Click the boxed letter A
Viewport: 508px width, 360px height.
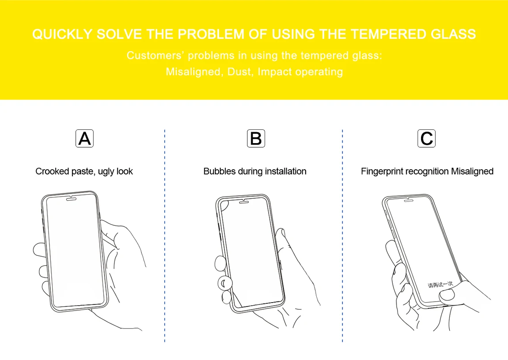coord(84,138)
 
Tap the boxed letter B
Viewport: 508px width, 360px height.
coord(256,138)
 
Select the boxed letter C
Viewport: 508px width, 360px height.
coord(426,138)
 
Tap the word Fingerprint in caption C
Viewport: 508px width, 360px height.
coord(382,171)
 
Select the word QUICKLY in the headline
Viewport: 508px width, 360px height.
coord(62,34)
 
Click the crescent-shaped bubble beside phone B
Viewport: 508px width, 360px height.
coord(225,282)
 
